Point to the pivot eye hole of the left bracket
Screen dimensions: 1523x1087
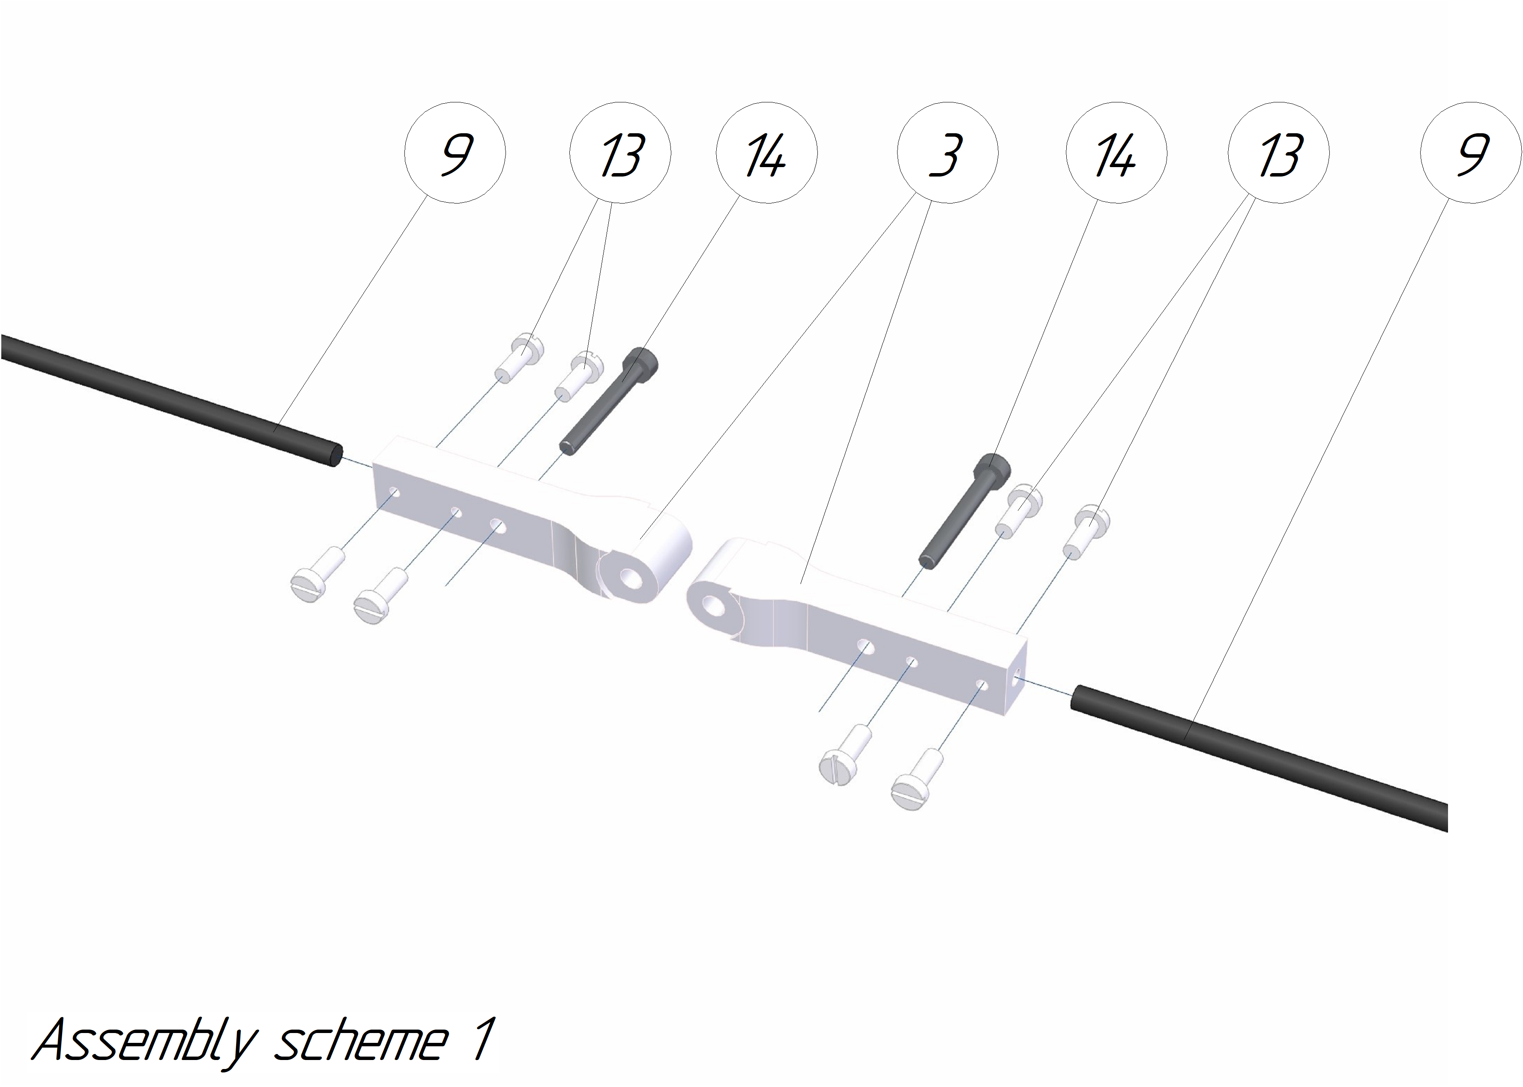click(x=630, y=578)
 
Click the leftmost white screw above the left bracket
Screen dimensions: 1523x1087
click(x=519, y=357)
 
